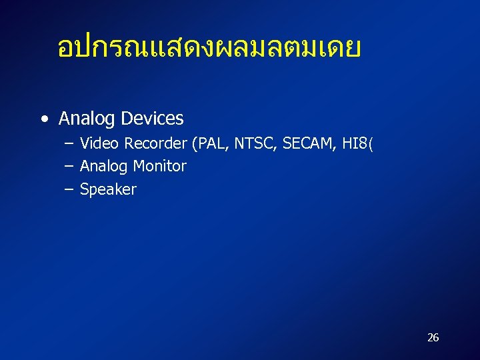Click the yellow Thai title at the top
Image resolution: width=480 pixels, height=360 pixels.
click(x=209, y=49)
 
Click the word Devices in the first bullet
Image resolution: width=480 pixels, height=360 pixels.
click(x=153, y=119)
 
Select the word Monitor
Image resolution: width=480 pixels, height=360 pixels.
click(x=160, y=166)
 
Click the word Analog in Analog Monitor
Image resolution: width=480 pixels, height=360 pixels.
click(x=104, y=167)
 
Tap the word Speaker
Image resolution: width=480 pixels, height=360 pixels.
click(x=108, y=189)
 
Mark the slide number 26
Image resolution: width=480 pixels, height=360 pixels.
click(x=433, y=337)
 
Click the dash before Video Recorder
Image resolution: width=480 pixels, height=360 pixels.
click(x=69, y=144)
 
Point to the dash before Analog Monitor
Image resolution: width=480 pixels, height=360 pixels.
click(x=69, y=167)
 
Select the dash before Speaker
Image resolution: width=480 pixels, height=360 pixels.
click(x=69, y=189)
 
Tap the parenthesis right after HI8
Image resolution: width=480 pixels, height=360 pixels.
click(x=370, y=144)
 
